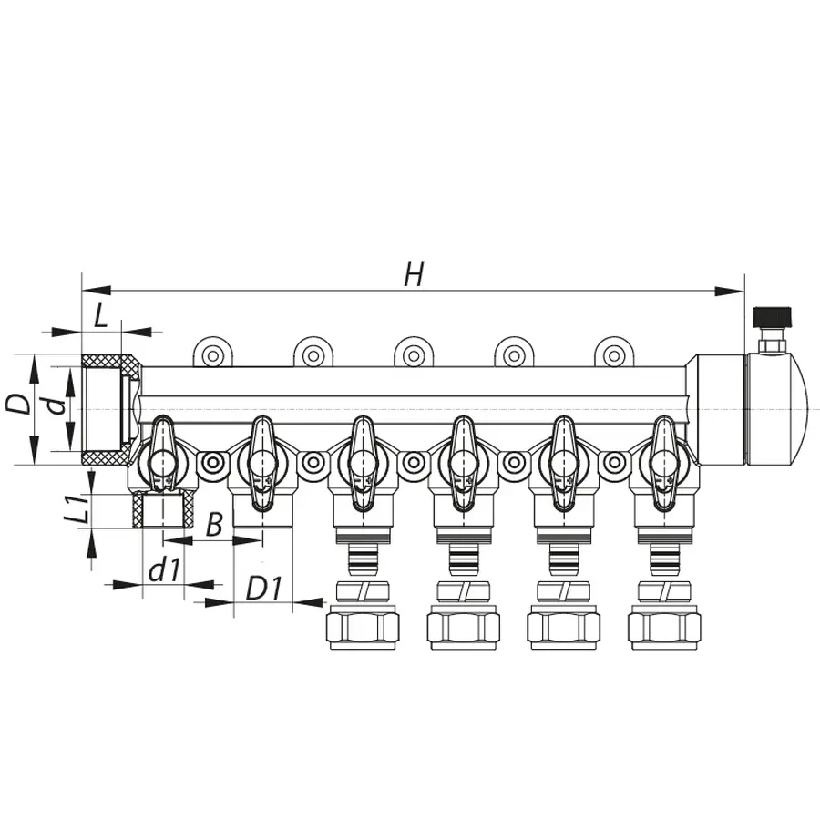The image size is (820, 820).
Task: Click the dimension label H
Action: [x=414, y=274]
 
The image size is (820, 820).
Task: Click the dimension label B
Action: [x=213, y=524]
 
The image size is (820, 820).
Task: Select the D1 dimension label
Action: [x=263, y=589]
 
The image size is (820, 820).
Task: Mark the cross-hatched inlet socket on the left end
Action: [x=109, y=410]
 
